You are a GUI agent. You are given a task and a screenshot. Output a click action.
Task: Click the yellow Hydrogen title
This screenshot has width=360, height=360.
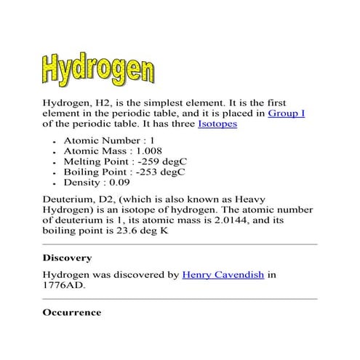pyautogui.click(x=97, y=68)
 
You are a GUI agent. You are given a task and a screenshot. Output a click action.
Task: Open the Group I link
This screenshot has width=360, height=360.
pyautogui.click(x=287, y=113)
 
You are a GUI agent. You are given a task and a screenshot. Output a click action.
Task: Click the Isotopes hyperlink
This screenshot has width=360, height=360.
pyautogui.click(x=217, y=125)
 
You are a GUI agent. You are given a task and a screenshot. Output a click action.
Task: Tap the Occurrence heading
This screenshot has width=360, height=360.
pyautogui.click(x=71, y=312)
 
